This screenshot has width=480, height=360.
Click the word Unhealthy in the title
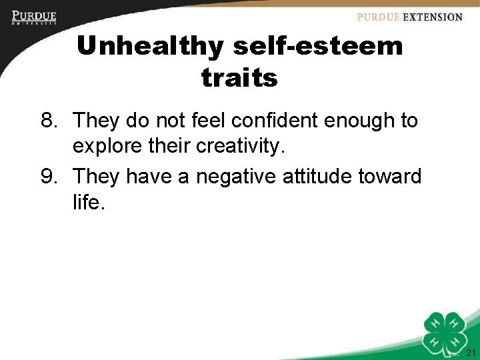point(151,47)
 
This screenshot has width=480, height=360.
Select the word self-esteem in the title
point(318,47)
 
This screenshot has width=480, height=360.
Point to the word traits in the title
point(239,78)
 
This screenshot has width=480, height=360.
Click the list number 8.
point(49,121)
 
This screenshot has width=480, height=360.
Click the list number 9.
point(49,177)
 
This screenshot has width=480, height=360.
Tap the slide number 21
point(471,353)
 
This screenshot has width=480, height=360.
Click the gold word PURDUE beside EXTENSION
point(379,17)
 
